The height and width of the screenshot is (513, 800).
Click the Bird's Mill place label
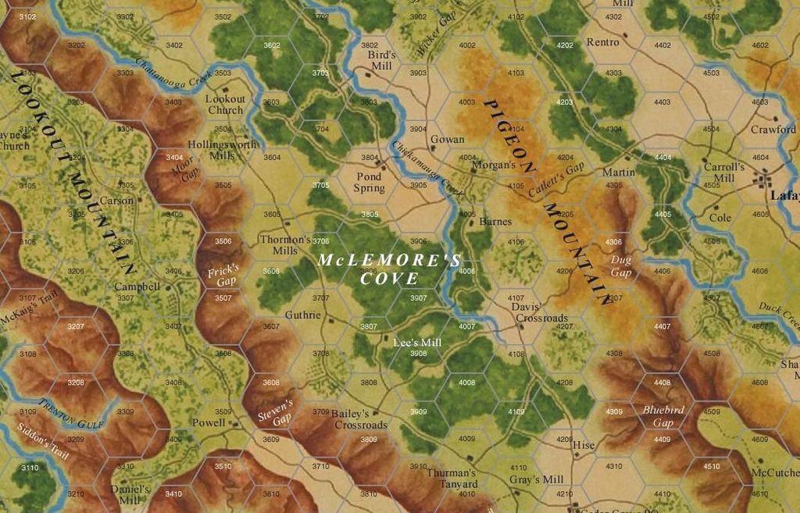(x=383, y=61)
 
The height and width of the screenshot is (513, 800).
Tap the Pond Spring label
(x=369, y=182)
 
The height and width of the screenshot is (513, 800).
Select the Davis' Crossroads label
(x=539, y=312)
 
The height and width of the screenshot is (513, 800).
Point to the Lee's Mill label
(x=417, y=343)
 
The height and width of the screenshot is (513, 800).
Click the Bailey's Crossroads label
(x=360, y=419)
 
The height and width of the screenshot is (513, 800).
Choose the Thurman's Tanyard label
(x=451, y=479)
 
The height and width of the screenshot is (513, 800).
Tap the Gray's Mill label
(x=536, y=479)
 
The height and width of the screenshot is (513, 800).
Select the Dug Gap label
(x=621, y=267)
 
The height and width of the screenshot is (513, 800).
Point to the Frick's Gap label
(x=223, y=276)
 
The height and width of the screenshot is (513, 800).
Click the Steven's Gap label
(x=275, y=411)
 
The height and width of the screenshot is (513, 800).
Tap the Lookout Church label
(x=225, y=105)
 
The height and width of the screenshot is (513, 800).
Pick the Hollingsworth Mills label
(x=222, y=150)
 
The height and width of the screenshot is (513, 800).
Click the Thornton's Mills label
(x=285, y=245)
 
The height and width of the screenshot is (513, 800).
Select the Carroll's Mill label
(x=724, y=172)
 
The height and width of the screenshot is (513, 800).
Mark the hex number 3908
(x=419, y=354)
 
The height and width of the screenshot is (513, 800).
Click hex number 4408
(x=662, y=383)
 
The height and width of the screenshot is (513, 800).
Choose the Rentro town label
(x=602, y=42)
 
